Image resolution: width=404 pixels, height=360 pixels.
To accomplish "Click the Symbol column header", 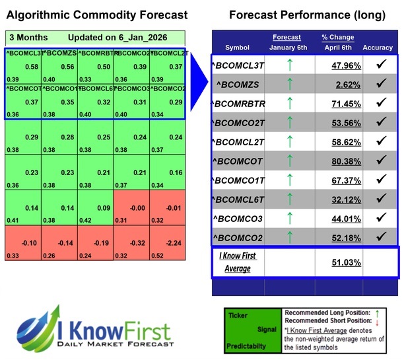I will click(237, 47).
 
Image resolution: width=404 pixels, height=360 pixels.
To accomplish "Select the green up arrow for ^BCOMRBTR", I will click(287, 104).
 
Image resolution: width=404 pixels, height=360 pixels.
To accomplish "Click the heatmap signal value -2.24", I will click(174, 242).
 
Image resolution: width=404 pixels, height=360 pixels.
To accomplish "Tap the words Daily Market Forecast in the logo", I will click(125, 344).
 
